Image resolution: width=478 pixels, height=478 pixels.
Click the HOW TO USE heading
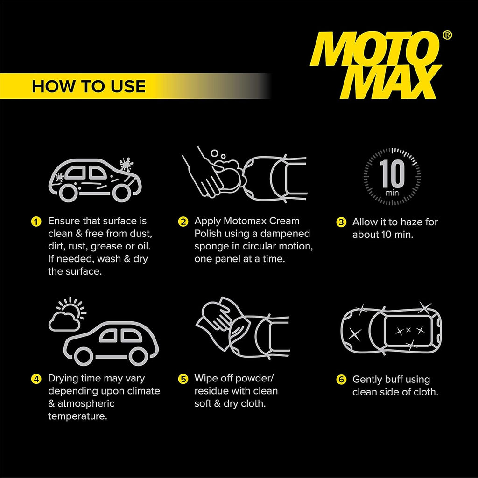[89, 86]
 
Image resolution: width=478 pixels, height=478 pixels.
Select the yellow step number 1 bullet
[35, 221]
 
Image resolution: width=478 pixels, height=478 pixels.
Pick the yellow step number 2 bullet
[183, 221]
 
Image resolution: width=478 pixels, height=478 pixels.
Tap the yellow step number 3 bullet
[341, 222]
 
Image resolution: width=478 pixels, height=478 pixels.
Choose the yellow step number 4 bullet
[35, 379]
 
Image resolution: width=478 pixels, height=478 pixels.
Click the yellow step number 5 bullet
[183, 379]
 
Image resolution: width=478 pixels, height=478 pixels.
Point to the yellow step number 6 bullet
[341, 380]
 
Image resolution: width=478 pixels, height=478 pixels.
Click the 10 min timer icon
[392, 176]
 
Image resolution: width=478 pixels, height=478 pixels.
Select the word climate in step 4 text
[143, 391]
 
